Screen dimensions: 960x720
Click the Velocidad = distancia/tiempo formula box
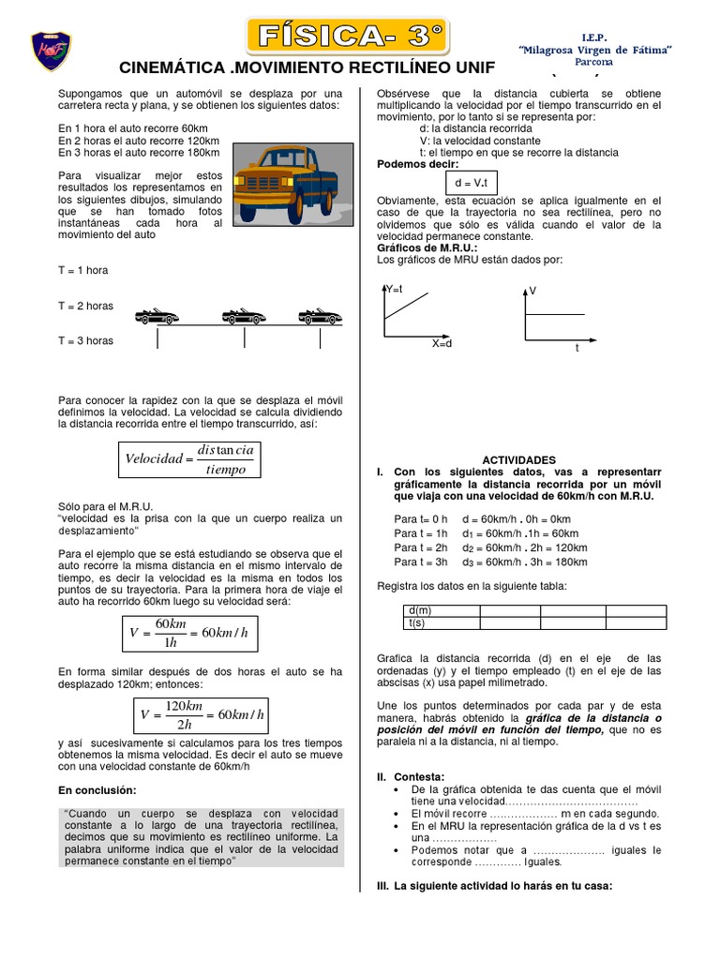click(x=188, y=458)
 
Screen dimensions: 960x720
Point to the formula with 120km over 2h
click(x=201, y=714)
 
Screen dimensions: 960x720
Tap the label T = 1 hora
click(x=82, y=270)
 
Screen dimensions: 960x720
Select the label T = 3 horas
click(x=85, y=340)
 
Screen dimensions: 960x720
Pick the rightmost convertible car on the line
click(x=319, y=316)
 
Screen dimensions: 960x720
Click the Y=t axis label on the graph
click(x=394, y=289)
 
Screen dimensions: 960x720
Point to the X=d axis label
click(x=442, y=344)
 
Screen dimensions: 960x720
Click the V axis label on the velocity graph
click(x=532, y=292)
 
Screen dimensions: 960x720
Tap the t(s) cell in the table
click(x=417, y=622)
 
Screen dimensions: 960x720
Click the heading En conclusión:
click(x=97, y=789)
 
